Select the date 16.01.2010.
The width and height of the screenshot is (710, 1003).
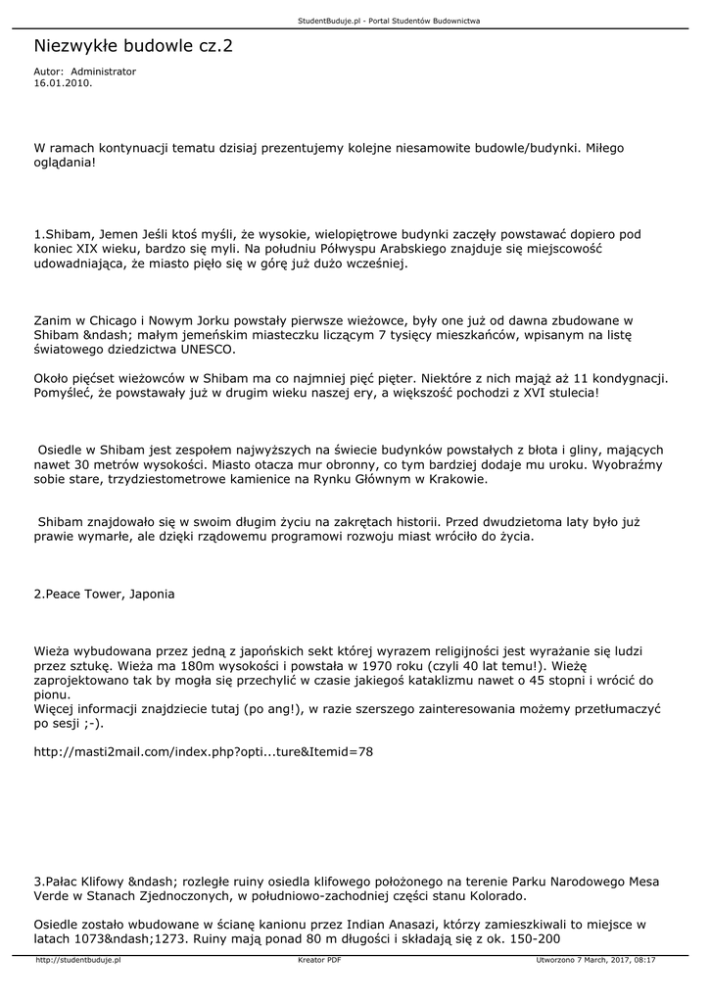tap(63, 84)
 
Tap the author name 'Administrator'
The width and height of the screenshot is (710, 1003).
tap(104, 72)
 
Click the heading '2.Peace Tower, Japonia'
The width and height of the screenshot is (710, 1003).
tap(105, 595)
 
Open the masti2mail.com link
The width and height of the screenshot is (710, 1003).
tap(203, 752)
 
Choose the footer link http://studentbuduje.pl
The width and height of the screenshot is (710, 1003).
tap(77, 961)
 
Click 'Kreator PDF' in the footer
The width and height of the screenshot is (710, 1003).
tap(319, 961)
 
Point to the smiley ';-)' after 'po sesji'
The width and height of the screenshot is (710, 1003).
tap(90, 723)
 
